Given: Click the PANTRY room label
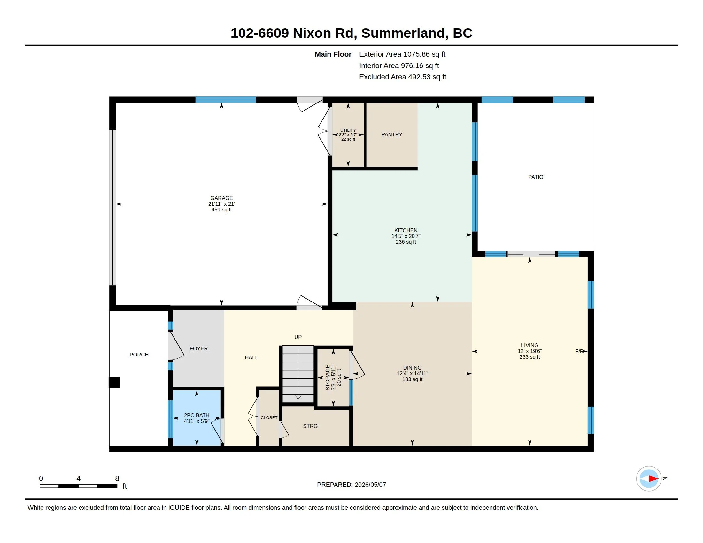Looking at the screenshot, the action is click(x=392, y=134).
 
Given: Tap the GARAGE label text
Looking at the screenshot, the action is click(x=221, y=198).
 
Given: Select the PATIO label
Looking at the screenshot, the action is click(x=536, y=177).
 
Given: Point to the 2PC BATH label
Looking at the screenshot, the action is click(x=197, y=415).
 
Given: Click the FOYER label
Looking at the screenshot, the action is click(x=199, y=348).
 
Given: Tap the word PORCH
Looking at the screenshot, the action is click(x=139, y=355).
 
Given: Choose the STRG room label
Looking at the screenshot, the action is click(x=310, y=426).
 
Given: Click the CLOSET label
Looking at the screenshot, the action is click(x=269, y=417).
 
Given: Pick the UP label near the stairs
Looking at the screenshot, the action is click(x=298, y=337).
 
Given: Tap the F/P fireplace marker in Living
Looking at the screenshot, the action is click(x=579, y=351).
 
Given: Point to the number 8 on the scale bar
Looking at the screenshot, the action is click(x=117, y=478).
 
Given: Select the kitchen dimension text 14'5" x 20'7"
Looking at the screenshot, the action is click(x=406, y=236).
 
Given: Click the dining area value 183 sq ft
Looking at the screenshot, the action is click(x=412, y=379).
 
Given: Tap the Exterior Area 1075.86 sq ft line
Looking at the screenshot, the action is click(x=402, y=54).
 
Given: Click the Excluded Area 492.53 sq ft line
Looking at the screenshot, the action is click(x=403, y=77).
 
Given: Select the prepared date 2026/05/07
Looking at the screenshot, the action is click(x=370, y=485).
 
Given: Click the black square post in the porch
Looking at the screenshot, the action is click(x=114, y=382).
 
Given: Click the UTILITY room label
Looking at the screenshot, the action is click(x=348, y=130).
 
